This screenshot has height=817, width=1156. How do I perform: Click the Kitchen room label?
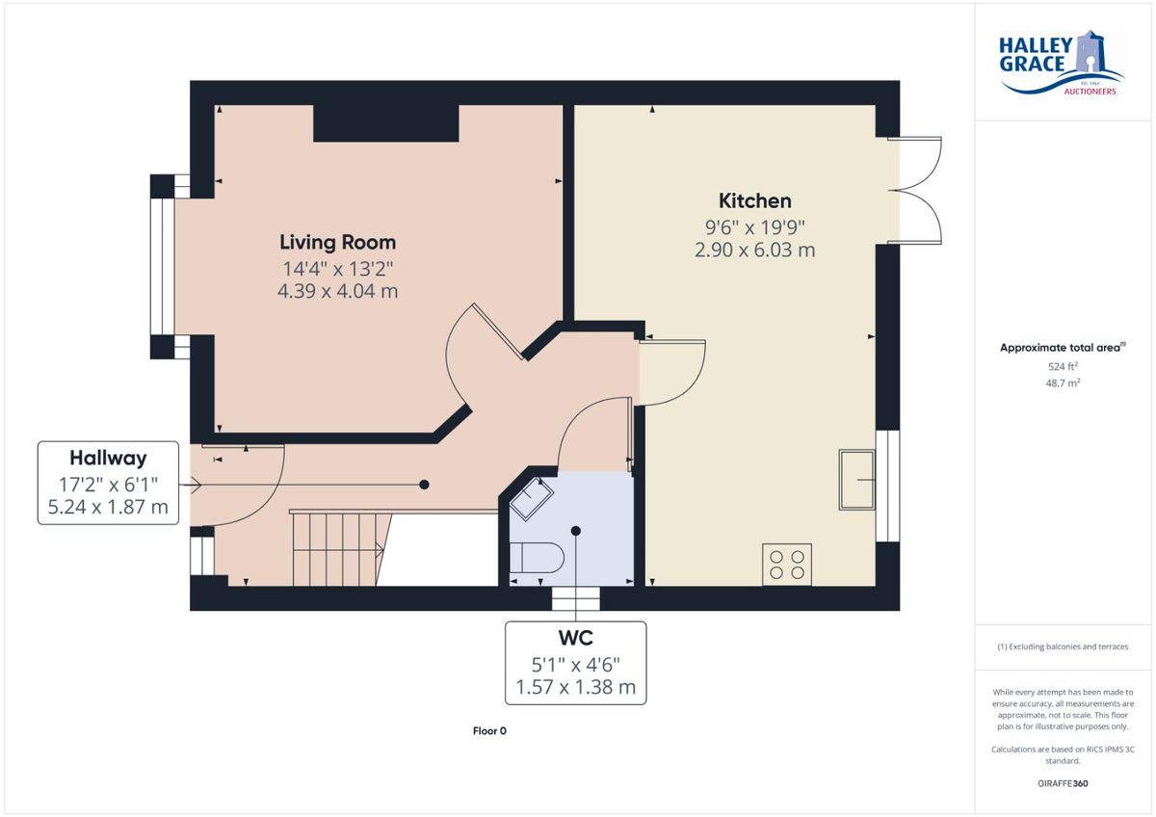click(754, 200)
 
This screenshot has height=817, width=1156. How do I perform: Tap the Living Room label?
click(337, 242)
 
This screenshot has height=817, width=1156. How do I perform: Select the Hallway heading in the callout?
click(108, 458)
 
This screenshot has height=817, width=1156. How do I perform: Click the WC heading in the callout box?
click(575, 638)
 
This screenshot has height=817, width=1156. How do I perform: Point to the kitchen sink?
click(856, 480)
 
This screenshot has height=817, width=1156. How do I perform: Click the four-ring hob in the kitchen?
click(786, 565)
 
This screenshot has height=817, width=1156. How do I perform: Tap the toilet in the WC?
click(536, 558)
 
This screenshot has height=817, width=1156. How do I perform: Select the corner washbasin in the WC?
click(532, 498)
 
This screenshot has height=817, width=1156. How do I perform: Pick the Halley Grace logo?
click(1061, 63)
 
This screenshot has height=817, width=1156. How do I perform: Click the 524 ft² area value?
click(1063, 366)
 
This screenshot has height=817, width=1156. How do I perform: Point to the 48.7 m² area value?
click(1063, 382)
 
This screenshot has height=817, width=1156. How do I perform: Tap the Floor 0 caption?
click(489, 731)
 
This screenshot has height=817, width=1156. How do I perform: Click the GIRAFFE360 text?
click(1063, 783)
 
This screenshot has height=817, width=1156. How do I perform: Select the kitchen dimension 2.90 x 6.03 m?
click(754, 250)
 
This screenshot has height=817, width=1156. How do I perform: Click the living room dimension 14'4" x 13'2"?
click(337, 269)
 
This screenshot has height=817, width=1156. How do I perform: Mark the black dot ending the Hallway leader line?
click(424, 485)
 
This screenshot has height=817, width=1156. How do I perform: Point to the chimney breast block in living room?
click(386, 123)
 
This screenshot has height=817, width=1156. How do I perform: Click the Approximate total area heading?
click(1063, 348)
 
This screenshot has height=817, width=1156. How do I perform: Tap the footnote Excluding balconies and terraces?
click(1063, 646)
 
